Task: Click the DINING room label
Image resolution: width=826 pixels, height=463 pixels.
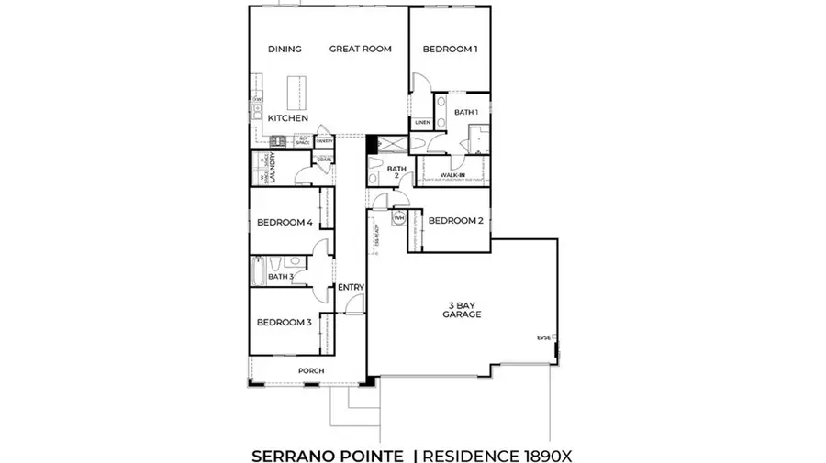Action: click(x=285, y=50)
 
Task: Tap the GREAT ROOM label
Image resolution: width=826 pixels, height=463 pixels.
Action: click(x=361, y=50)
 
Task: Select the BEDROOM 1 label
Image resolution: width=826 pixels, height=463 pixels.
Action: click(x=450, y=50)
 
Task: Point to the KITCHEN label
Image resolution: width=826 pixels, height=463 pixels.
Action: click(x=288, y=119)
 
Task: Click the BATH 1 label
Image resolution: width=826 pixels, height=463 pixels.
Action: click(x=466, y=112)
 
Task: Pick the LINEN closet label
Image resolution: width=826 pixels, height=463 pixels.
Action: click(x=422, y=122)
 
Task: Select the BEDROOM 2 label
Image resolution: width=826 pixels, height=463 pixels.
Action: click(x=455, y=220)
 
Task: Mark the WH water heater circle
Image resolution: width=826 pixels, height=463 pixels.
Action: click(x=399, y=219)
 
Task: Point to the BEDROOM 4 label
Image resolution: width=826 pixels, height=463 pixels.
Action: click(x=285, y=223)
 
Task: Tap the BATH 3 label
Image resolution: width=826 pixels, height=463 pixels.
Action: click(x=280, y=276)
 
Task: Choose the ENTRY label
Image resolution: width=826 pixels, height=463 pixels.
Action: click(x=351, y=288)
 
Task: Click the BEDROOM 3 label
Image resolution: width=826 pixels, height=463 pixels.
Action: click(x=284, y=323)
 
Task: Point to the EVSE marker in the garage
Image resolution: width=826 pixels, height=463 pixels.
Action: click(x=544, y=338)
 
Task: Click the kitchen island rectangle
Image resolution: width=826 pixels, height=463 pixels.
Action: click(x=298, y=92)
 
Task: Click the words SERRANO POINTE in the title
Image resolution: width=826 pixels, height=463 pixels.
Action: click(x=327, y=454)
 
